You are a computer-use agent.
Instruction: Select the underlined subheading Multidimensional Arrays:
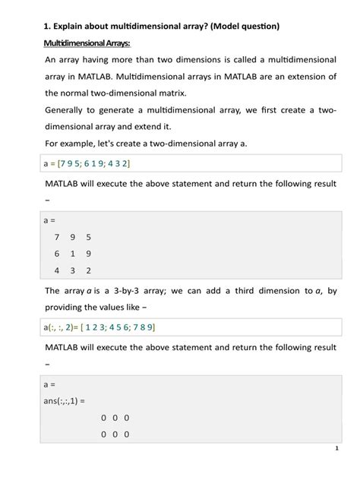[x=87, y=43]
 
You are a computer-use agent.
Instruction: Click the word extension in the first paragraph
[x=298, y=77]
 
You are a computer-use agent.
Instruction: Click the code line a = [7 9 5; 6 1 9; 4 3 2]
[x=91, y=163]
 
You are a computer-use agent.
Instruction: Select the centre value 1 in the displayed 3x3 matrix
[x=73, y=254]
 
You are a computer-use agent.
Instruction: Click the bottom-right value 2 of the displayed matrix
[x=89, y=270]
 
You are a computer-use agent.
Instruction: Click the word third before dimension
[x=254, y=291]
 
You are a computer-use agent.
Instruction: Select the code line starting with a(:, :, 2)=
[x=99, y=327]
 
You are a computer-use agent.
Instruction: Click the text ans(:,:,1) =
[x=65, y=401]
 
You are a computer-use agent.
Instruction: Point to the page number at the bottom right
[x=336, y=449]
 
